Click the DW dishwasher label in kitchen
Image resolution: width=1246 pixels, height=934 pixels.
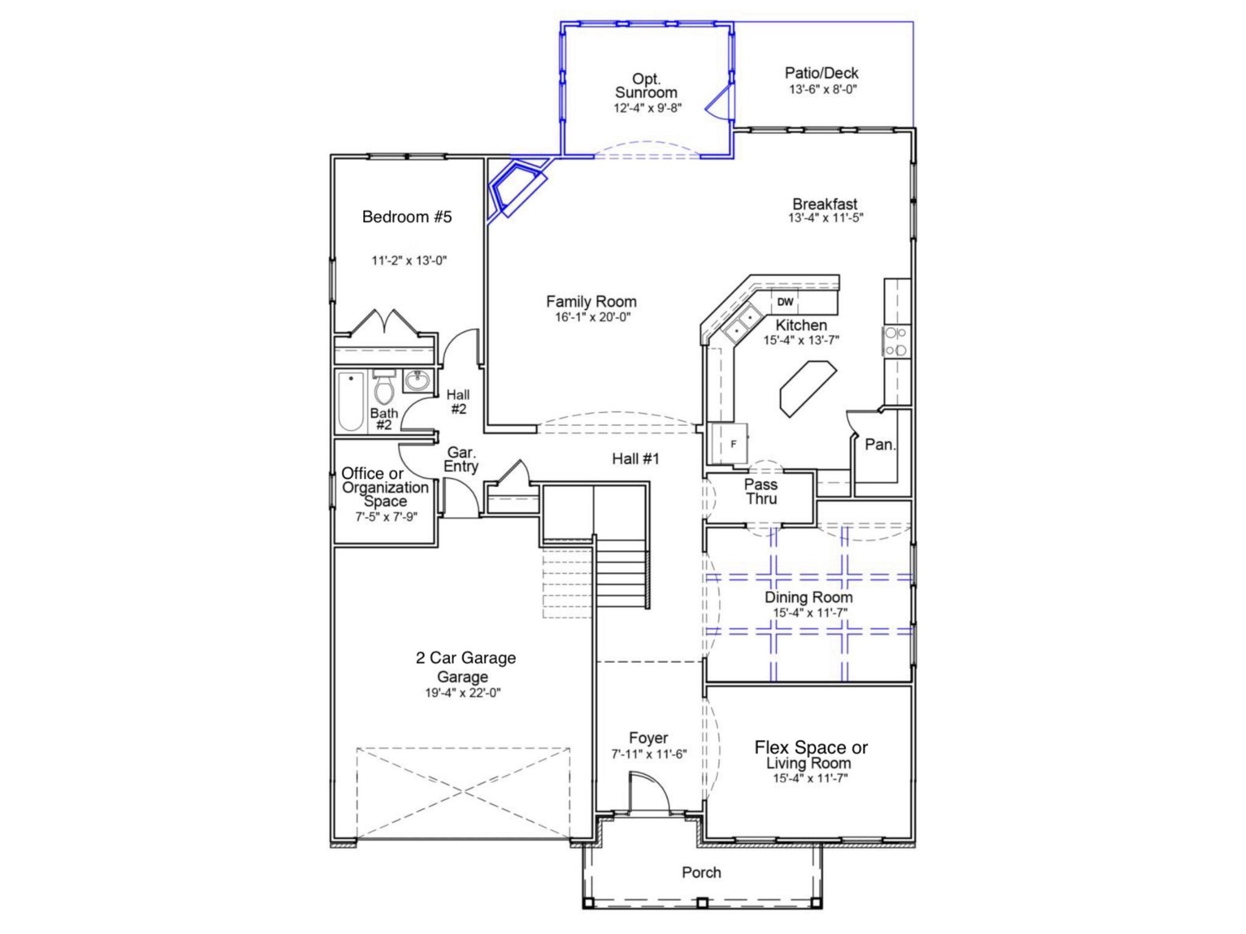point(785,302)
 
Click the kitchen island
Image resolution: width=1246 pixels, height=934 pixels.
point(808,388)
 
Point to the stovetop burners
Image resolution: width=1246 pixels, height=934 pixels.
point(896,341)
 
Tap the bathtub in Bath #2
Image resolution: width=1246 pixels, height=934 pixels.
point(351,401)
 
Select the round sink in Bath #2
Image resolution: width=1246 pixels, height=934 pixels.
point(417,382)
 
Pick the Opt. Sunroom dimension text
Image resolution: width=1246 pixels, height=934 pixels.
point(647,108)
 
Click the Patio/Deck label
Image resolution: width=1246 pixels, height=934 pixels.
point(821,74)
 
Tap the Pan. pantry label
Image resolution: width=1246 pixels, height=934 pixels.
point(880,445)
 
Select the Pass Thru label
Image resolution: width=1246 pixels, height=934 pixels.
point(760,491)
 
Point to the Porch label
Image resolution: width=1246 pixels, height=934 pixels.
point(701,873)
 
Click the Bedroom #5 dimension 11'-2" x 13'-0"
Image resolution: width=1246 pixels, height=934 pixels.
point(409,261)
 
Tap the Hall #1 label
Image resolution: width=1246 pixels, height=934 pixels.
point(635,458)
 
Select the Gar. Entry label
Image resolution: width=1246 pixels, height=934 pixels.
point(461,460)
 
